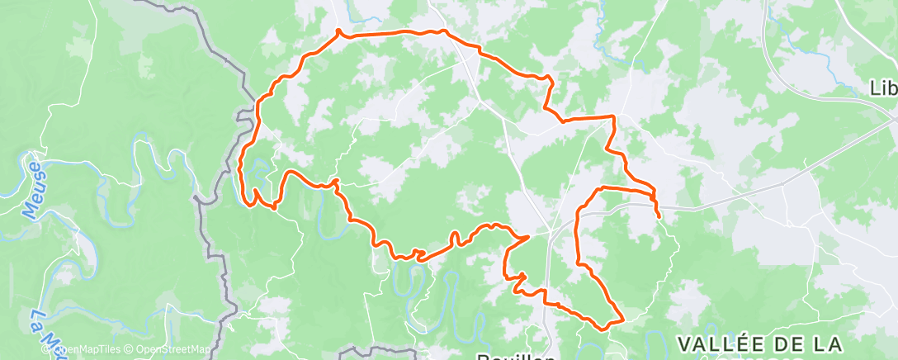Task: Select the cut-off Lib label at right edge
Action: (884, 88)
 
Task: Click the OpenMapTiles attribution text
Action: (90, 349)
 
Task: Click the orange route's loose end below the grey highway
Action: (659, 217)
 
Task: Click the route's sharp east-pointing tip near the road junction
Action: (528, 236)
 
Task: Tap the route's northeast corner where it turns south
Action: (613, 117)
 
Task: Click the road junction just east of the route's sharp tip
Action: (550, 230)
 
